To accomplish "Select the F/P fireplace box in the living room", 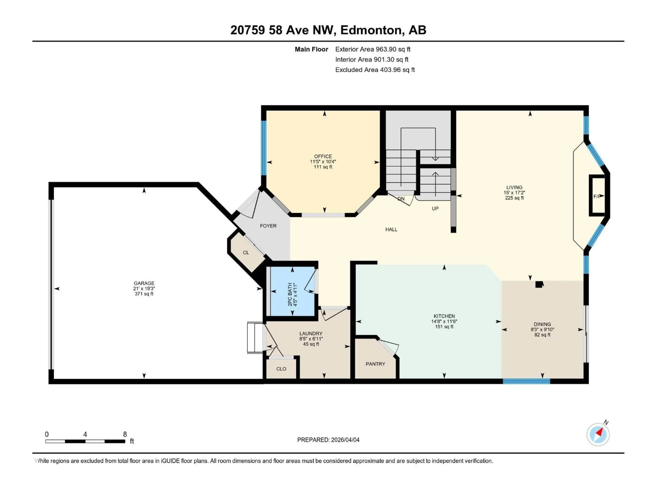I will coord(597,195).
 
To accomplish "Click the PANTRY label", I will coord(375,364).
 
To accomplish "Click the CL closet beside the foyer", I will coord(246,252).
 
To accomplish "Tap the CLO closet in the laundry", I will coord(281,369).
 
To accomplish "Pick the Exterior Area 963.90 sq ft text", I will coord(373,49).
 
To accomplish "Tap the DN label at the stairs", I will coord(401,199).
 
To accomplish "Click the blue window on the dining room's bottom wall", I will coord(526,381).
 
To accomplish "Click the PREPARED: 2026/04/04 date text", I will coord(328,440).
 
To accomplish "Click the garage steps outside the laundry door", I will coord(255,338).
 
